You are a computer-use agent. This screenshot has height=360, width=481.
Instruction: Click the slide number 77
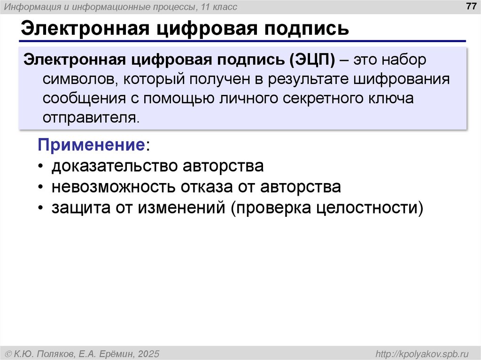[469, 6]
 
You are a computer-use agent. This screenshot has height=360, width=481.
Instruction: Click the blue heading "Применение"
[91, 145]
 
